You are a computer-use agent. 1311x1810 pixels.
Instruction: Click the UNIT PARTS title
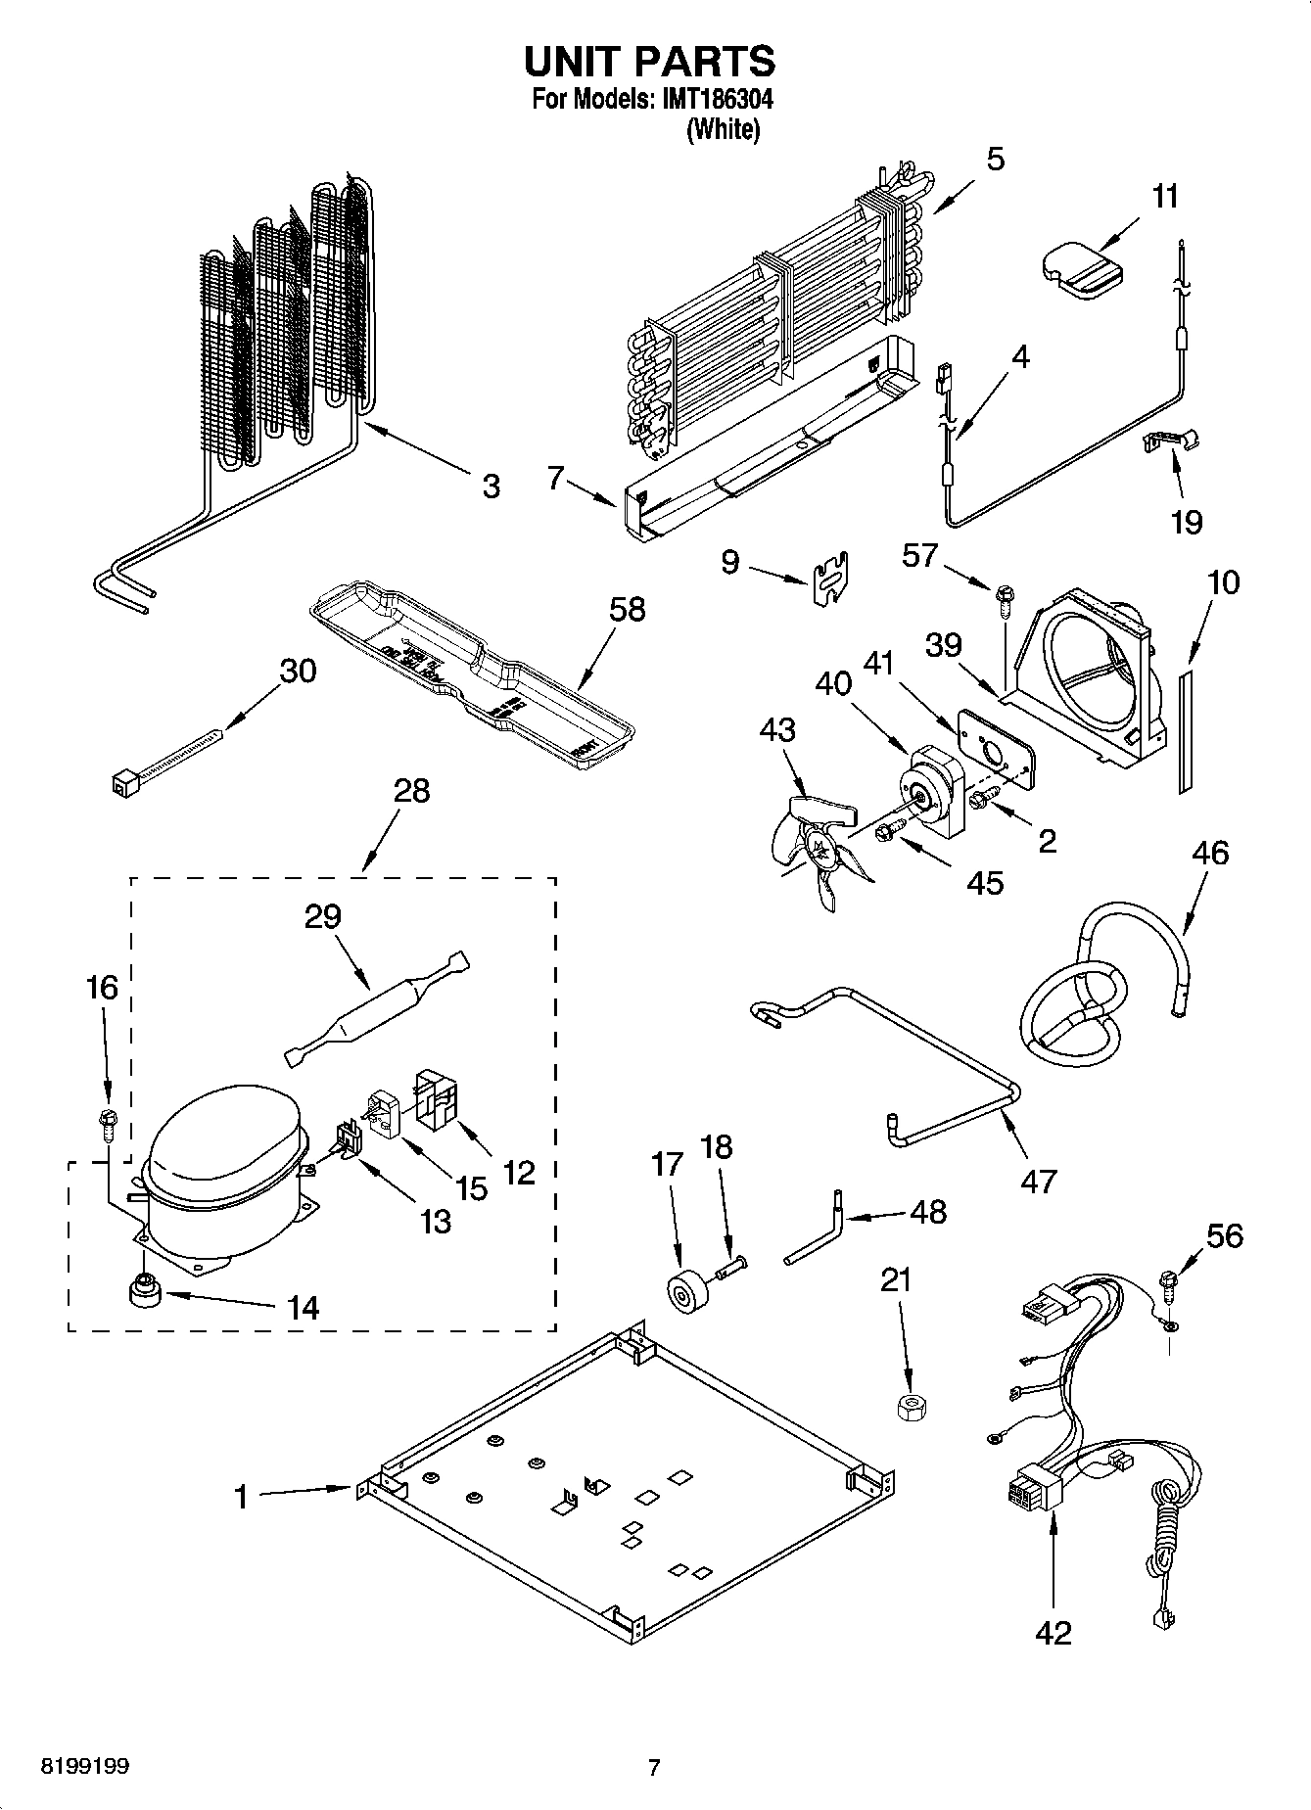point(650,62)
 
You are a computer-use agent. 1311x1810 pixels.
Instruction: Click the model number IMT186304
point(711,99)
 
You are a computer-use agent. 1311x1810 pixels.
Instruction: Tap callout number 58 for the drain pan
point(627,609)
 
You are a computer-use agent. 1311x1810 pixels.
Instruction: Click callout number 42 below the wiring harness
point(1053,1632)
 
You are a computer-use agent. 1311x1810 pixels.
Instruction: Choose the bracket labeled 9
point(830,580)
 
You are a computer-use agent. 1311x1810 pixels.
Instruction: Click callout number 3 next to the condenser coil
point(491,486)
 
